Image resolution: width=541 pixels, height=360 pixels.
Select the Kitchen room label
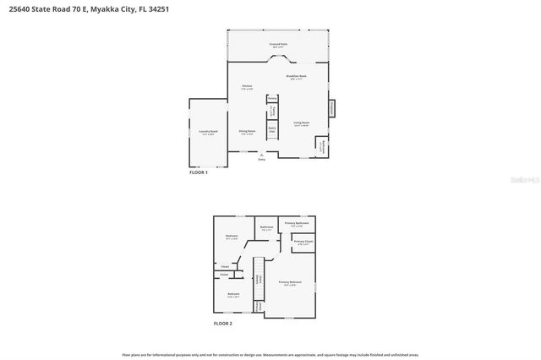pyautogui.click(x=247, y=87)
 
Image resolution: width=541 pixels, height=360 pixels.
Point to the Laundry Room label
pyautogui.click(x=208, y=132)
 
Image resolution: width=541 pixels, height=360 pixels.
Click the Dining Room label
pyautogui.click(x=246, y=133)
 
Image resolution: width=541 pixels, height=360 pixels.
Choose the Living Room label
pyautogui.click(x=301, y=123)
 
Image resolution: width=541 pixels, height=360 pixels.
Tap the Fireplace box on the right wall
pyautogui.click(x=331, y=108)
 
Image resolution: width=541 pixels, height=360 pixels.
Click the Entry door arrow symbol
pyautogui.click(x=261, y=155)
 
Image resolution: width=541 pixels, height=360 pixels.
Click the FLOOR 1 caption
pyautogui.click(x=199, y=172)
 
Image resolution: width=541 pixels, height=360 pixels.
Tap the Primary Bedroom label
pyautogui.click(x=290, y=283)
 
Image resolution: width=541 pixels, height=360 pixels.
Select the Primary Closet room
pyautogui.click(x=302, y=244)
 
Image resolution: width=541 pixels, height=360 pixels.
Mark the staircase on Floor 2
pyautogui.click(x=261, y=280)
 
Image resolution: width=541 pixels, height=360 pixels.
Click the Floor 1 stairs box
pyautogui.click(x=273, y=131)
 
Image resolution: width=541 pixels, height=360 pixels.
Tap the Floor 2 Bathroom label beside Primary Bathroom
pyautogui.click(x=266, y=228)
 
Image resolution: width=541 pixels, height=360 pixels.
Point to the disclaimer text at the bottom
pyautogui.click(x=270, y=355)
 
